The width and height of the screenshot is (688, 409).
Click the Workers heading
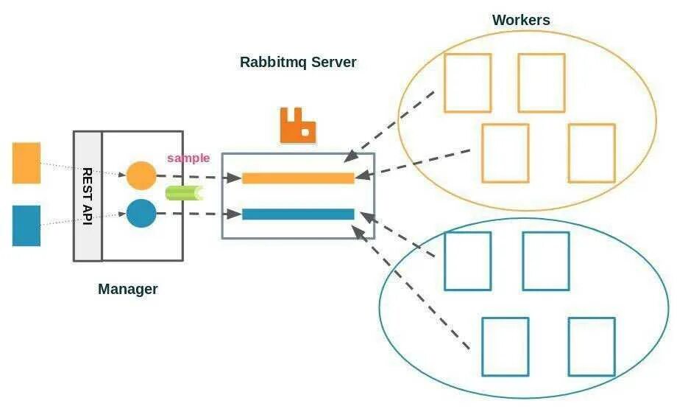(x=521, y=20)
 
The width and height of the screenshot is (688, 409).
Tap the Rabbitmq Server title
(x=298, y=62)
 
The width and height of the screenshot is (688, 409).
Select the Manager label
(x=128, y=289)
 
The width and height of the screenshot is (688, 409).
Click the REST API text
(x=88, y=196)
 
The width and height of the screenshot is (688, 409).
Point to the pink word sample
(x=188, y=158)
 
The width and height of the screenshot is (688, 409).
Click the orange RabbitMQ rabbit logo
(x=298, y=125)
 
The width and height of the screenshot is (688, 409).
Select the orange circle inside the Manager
(x=141, y=175)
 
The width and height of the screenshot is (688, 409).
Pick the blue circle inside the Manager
(x=141, y=214)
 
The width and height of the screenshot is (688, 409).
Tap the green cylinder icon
(x=185, y=193)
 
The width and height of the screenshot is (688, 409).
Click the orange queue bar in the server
(x=298, y=178)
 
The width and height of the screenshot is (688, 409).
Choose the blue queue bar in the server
(x=298, y=214)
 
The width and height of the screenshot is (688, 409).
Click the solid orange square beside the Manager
(x=26, y=163)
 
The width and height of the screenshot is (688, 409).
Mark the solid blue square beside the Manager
(x=26, y=226)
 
